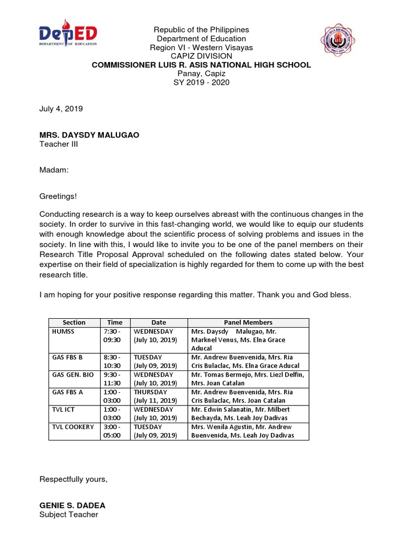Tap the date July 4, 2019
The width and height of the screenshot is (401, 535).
point(61,109)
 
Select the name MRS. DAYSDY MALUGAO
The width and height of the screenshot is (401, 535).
point(89,135)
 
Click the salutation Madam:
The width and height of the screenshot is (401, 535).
point(54,170)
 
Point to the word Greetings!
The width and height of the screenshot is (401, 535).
point(58,196)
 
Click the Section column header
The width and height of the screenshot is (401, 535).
point(74,322)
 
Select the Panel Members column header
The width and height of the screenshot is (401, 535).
point(248,322)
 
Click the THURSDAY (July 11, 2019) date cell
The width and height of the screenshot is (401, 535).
point(159,396)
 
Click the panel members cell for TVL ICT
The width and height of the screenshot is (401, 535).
point(248,413)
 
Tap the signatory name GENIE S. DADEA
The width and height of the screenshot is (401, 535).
point(72,506)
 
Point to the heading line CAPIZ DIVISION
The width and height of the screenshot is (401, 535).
point(201,56)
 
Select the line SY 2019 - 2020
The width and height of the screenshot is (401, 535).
point(201,82)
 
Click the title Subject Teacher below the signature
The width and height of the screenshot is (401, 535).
point(69,515)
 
